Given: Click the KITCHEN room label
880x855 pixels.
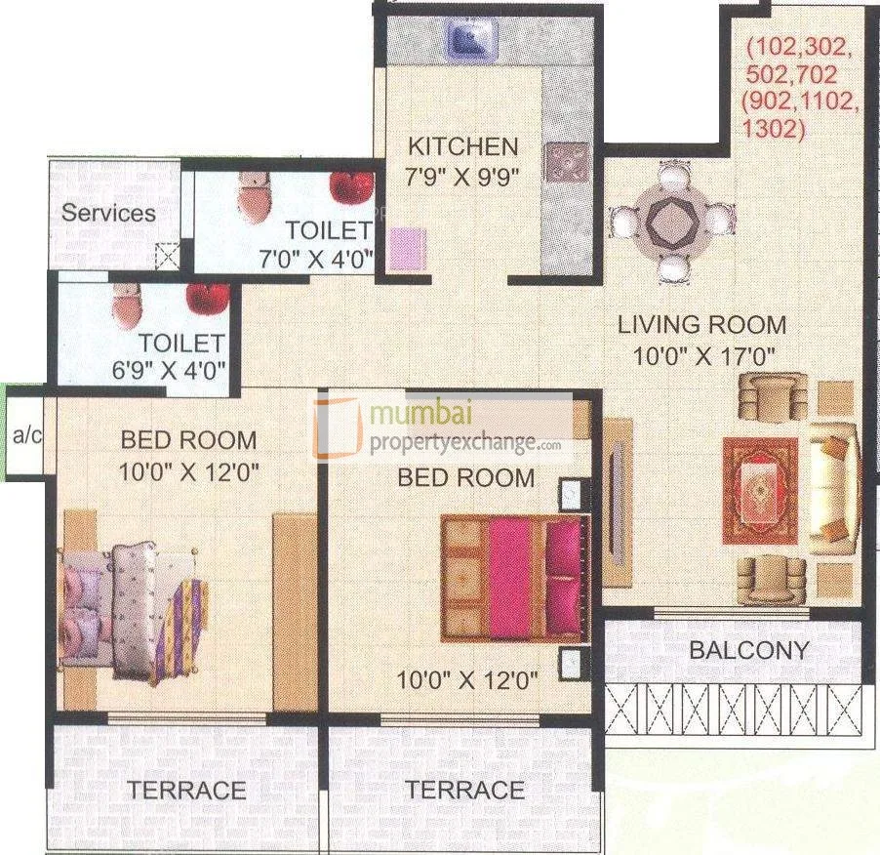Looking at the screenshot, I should point(462,146).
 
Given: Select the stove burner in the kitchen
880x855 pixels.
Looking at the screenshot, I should point(567,162).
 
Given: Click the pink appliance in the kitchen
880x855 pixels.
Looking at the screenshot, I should point(408,248).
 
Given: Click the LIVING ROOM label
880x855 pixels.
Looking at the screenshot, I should point(701,325).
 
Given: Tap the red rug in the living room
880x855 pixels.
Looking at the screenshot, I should point(759,490).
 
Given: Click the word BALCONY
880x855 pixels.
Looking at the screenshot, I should point(749,650).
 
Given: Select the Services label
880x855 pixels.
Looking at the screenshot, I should point(108,212).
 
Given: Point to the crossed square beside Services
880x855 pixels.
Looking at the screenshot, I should point(169,256).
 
